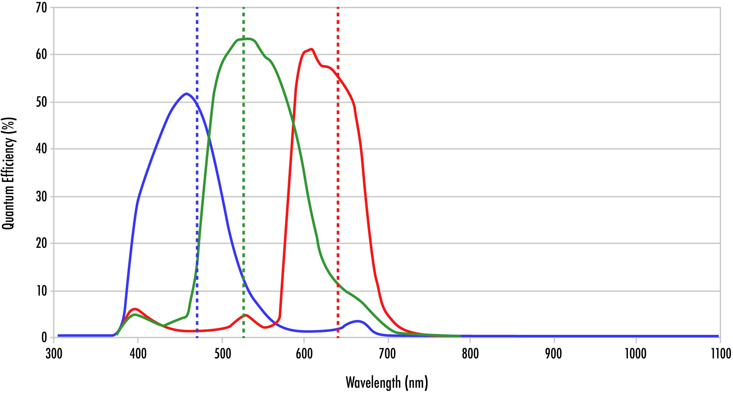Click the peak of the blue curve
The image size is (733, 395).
187,94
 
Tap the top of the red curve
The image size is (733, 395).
311,49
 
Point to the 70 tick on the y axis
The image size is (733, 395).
41,8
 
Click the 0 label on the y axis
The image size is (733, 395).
44,337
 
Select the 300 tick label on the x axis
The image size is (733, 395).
54,354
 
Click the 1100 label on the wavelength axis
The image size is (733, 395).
721,354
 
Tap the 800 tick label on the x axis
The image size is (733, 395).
470,354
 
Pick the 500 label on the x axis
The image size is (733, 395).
223,354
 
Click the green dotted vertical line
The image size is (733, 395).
243,181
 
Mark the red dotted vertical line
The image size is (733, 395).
338,181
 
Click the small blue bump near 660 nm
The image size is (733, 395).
357,321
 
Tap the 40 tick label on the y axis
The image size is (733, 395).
41,149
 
